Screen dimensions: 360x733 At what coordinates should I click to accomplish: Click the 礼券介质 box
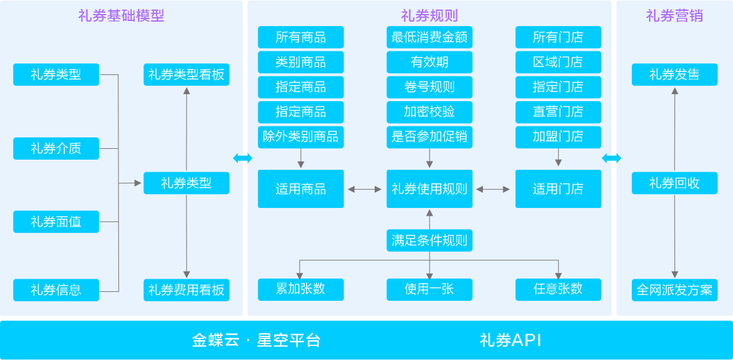coord(56,149)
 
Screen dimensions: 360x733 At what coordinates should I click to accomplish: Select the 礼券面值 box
coord(56,222)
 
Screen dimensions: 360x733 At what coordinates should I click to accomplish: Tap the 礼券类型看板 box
coord(186,75)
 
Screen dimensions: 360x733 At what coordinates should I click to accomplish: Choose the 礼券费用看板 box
coord(186,290)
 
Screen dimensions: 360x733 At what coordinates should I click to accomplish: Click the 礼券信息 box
coord(56,290)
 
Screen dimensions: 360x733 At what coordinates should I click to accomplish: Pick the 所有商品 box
coord(300,38)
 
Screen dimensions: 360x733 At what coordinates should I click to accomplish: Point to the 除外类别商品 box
coord(300,136)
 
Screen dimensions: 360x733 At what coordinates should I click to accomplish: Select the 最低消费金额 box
coord(429,38)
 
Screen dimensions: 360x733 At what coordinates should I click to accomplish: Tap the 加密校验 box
coord(429,112)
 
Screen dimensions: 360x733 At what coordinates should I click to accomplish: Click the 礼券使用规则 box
coord(429,189)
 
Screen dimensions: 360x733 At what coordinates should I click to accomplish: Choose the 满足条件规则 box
coord(429,241)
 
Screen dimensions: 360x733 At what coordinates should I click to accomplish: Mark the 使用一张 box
coord(429,289)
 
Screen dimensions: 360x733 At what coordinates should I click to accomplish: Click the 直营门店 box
coord(558,112)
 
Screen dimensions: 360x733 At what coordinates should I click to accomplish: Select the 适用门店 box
coord(558,189)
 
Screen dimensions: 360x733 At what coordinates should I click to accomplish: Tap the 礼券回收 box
coord(674,183)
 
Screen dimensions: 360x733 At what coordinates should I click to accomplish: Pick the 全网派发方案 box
coord(674,290)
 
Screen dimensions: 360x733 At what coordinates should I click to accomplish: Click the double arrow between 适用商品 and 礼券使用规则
coord(365,189)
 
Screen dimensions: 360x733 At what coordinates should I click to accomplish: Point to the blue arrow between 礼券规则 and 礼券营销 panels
coord(611,158)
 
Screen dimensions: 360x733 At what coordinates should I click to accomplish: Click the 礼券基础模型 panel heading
coord(121,16)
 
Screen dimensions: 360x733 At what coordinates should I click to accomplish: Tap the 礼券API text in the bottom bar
coord(510,340)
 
